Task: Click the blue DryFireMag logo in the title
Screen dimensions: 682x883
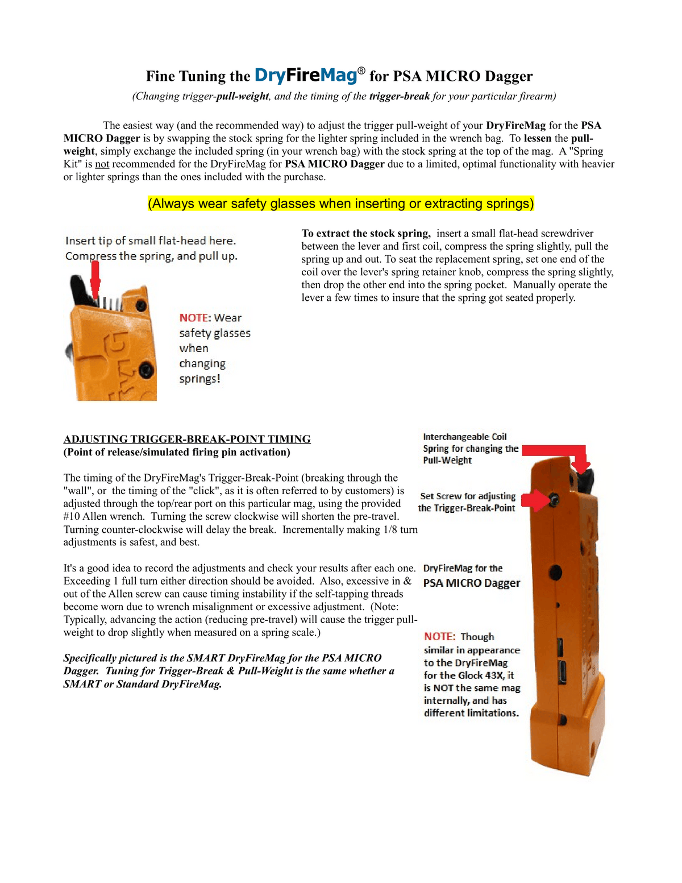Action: click(x=306, y=76)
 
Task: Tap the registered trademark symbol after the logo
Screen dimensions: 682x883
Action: click(x=361, y=71)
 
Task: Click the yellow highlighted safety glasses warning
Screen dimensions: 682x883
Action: click(x=340, y=203)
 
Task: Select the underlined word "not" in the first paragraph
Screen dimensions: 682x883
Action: click(x=102, y=164)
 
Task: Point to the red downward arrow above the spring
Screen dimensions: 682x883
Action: click(x=95, y=280)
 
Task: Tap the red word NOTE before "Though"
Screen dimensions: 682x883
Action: click(x=439, y=636)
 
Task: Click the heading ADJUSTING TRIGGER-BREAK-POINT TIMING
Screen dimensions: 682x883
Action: click(x=187, y=439)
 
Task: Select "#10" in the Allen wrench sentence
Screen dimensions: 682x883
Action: click(x=72, y=516)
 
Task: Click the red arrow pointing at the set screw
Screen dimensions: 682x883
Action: click(x=535, y=500)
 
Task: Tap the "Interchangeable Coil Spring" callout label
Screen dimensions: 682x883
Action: click(x=471, y=448)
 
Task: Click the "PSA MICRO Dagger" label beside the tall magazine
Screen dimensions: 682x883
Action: click(x=471, y=583)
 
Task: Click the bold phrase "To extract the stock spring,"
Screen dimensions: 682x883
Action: click(x=366, y=233)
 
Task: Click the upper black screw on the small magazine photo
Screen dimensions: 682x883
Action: click(x=141, y=305)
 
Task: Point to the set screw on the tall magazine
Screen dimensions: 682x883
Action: click(x=555, y=499)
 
